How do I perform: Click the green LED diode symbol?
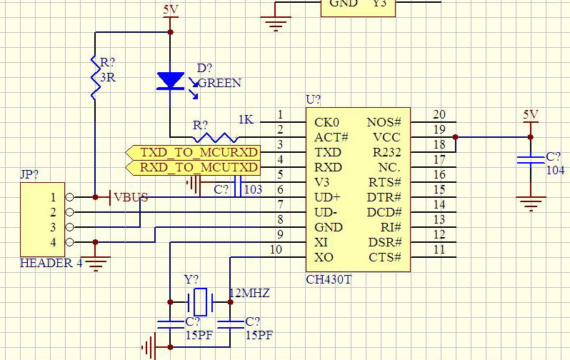(x=170, y=81)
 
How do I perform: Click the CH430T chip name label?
(x=330, y=279)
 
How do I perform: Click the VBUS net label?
(x=131, y=198)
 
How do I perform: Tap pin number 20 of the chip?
(x=439, y=115)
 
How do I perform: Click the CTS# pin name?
(x=384, y=257)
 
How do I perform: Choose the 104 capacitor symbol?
(x=530, y=159)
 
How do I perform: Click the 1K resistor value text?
(x=245, y=119)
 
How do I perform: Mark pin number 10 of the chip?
(x=276, y=250)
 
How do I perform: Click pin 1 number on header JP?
(x=52, y=197)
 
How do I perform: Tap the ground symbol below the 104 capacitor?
(x=530, y=204)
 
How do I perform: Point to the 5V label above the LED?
(x=170, y=10)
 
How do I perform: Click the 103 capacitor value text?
(x=253, y=189)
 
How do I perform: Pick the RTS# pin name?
(x=384, y=182)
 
